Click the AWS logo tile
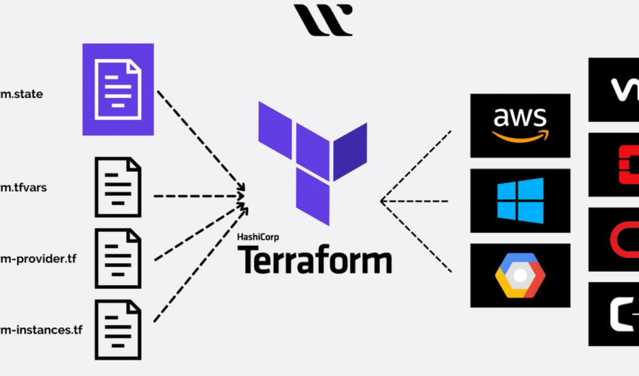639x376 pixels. [520, 125]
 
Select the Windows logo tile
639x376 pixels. [520, 201]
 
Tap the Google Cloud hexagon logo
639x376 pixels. [520, 276]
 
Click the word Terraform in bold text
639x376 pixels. [314, 259]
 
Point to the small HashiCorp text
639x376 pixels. [258, 238]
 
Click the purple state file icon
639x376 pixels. [118, 89]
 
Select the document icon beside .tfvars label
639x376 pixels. [118, 187]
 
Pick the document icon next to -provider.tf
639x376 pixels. [118, 258]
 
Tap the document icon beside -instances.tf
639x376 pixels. [118, 330]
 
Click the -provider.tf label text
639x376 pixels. [38, 258]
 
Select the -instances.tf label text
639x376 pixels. [41, 330]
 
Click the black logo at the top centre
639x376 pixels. [323, 19]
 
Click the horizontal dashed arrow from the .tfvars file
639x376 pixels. [197, 196]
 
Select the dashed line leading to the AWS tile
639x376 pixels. [417, 165]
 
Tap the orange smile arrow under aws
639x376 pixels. [520, 135]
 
